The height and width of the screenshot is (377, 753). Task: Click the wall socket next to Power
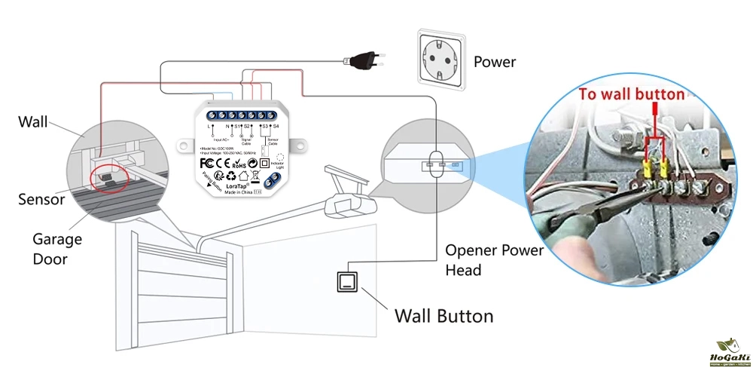pyautogui.click(x=437, y=61)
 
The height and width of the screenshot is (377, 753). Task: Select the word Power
pyautogui.click(x=495, y=62)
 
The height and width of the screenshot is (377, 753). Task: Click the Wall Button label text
pyautogui.click(x=444, y=315)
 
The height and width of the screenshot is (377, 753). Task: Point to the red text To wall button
pyautogui.click(x=632, y=94)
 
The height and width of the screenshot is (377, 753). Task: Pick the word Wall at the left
pyautogui.click(x=33, y=121)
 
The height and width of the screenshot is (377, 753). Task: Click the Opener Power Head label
pyautogui.click(x=494, y=259)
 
